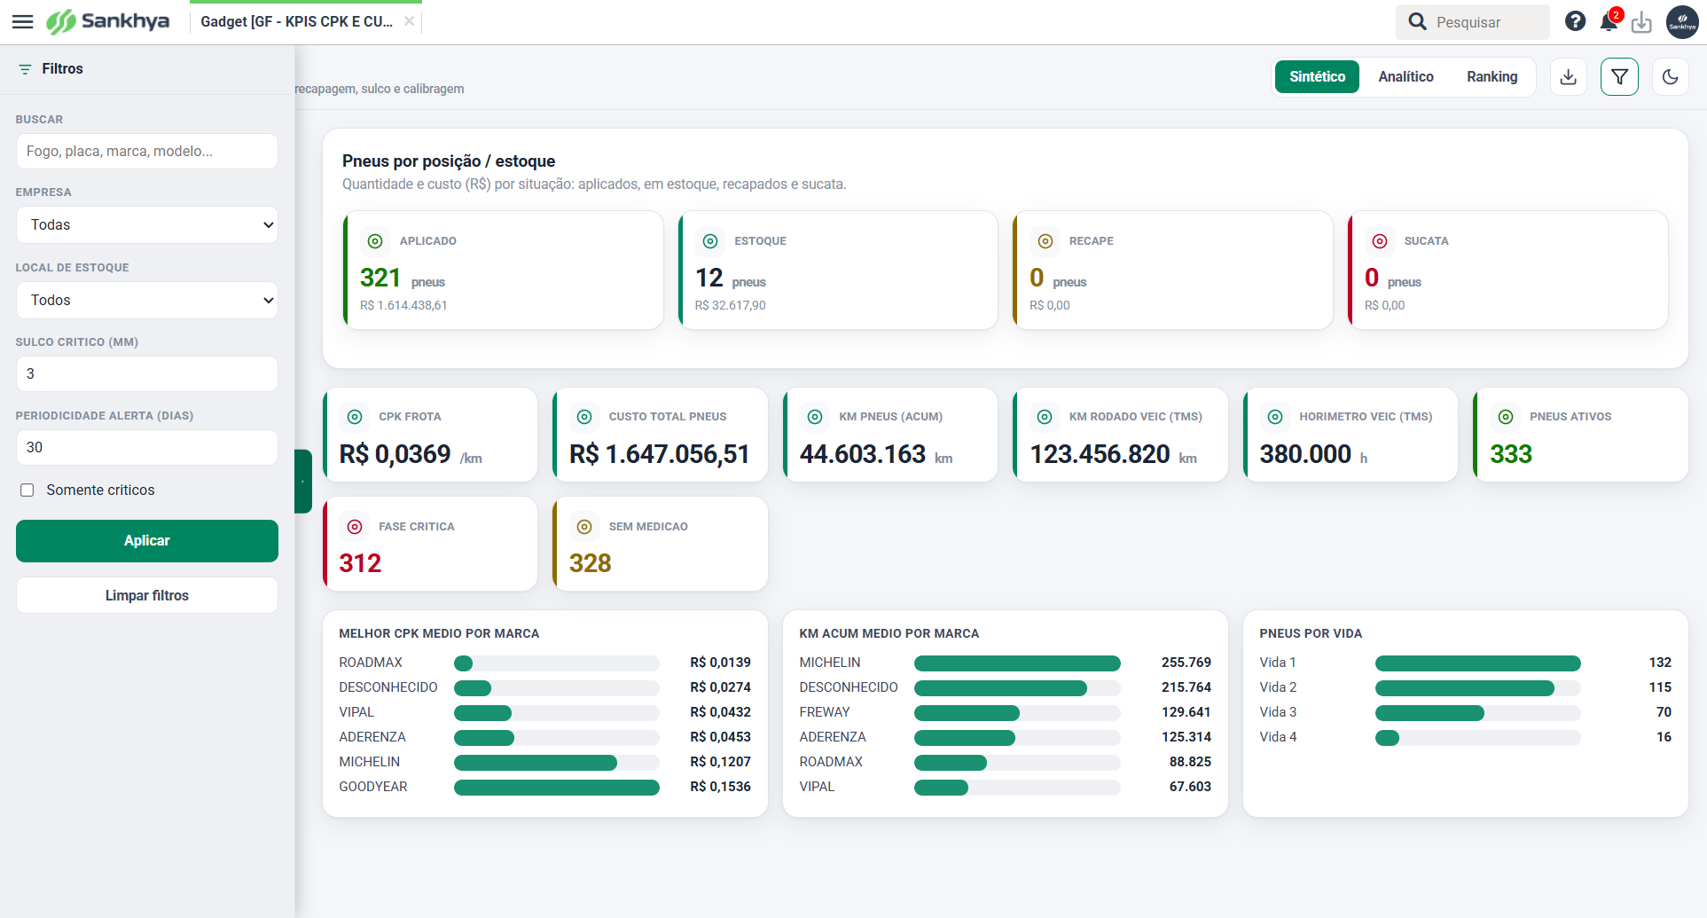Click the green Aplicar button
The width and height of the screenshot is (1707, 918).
(147, 541)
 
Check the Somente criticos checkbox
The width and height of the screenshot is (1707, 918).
(27, 490)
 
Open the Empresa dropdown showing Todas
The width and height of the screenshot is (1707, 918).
(147, 225)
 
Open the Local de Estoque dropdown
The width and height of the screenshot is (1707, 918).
(147, 301)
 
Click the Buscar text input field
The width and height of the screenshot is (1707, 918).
(147, 152)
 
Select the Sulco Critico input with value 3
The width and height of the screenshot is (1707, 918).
(147, 374)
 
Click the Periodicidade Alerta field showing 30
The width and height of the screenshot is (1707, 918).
(147, 448)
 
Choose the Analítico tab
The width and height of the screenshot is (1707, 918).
(1406, 77)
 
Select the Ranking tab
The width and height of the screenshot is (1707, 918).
(1492, 77)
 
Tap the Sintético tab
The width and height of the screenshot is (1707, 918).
(1317, 77)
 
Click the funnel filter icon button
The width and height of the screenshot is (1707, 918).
(1619, 77)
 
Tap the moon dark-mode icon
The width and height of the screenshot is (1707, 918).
(1671, 77)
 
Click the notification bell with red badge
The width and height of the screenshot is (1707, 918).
(1609, 21)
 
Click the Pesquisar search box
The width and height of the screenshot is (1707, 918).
(1473, 22)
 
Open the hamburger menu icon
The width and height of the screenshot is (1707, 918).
(23, 22)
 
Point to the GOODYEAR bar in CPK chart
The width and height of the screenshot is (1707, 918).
(557, 788)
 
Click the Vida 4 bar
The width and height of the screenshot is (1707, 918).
(1387, 738)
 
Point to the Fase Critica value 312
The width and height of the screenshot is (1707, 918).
(360, 564)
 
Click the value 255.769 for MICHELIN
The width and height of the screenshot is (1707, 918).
(1186, 663)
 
